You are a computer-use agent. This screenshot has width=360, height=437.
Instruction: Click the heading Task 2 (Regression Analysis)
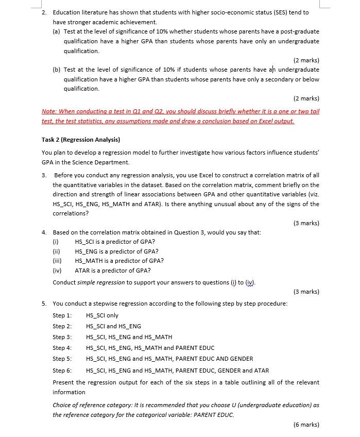tap(80, 140)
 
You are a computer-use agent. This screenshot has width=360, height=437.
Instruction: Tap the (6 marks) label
tap(306, 425)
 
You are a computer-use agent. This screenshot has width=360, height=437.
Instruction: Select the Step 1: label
tap(62, 315)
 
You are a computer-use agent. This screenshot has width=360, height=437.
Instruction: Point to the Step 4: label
tap(62, 348)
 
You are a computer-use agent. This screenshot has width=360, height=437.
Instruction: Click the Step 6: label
tap(62, 371)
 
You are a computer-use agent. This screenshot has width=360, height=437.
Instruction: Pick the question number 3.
tap(44, 175)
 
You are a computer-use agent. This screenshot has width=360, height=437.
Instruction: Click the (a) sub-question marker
tap(57, 31)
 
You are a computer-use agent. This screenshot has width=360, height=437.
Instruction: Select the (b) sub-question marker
tap(57, 70)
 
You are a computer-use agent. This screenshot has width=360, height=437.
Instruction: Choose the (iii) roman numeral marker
tap(58, 261)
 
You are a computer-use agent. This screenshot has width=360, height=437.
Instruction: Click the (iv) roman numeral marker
tap(57, 271)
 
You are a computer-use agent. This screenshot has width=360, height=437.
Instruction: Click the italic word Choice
tap(61, 405)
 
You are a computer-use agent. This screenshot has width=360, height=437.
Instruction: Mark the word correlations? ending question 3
tap(70, 213)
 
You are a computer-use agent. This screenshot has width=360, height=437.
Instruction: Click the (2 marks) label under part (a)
tap(306, 60)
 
